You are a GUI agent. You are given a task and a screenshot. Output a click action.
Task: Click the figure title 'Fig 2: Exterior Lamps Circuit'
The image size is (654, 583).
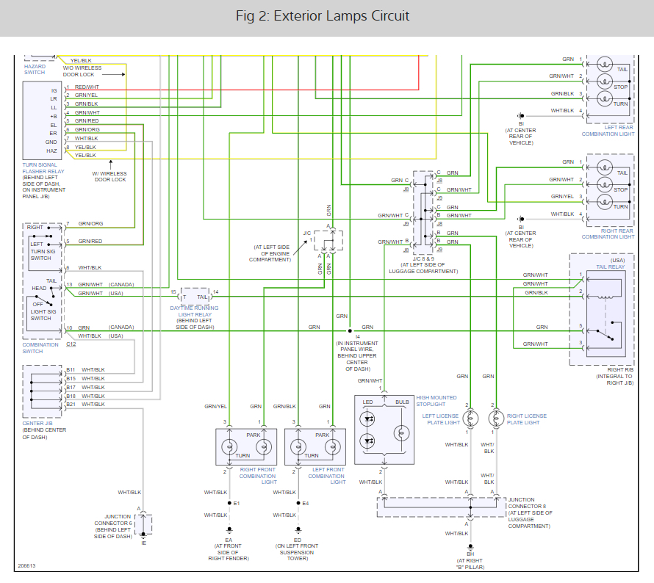click(323, 16)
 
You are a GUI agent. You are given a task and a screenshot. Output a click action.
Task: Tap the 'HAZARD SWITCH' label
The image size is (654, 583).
click(35, 69)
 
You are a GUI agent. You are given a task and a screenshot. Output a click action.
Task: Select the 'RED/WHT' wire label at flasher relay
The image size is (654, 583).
click(87, 87)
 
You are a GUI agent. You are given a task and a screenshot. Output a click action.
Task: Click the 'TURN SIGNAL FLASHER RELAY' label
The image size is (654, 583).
click(43, 168)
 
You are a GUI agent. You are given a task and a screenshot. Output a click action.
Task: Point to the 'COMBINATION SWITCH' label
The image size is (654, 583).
click(40, 348)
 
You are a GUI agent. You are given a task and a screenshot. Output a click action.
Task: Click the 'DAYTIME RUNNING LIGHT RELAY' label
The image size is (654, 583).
click(195, 311)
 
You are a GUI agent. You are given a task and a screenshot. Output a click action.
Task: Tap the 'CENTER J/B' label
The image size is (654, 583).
click(37, 424)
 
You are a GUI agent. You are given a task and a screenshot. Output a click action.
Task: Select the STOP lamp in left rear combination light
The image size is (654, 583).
click(604, 82)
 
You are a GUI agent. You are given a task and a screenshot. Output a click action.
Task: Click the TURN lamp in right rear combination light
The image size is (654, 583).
click(604, 202)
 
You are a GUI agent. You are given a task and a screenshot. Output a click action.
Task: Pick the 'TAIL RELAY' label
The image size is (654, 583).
click(610, 267)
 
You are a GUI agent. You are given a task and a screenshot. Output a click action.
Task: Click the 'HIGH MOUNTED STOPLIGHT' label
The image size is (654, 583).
click(436, 401)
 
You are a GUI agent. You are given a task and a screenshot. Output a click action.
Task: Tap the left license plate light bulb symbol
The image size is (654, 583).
click(470, 419)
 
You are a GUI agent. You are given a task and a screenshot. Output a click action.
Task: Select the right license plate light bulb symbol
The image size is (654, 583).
click(496, 419)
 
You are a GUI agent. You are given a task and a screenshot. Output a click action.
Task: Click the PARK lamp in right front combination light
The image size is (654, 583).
click(264, 447)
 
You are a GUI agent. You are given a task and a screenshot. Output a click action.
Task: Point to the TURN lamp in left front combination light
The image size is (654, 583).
click(298, 447)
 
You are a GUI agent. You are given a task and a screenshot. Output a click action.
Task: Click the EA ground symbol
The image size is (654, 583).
click(229, 530)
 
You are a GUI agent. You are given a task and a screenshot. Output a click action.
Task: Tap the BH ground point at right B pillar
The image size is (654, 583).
click(470, 546)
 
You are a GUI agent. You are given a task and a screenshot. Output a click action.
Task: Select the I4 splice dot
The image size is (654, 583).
click(350, 331)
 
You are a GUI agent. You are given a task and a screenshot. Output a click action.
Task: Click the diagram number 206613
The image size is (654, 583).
click(26, 566)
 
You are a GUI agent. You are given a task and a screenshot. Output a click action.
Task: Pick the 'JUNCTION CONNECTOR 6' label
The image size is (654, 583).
click(113, 520)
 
